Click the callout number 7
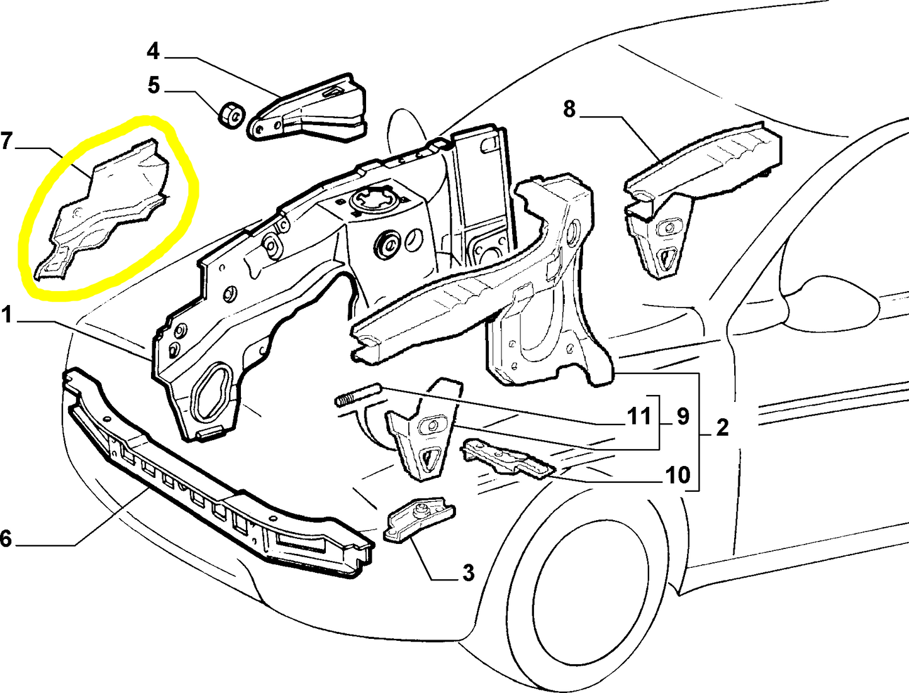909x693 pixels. point(7,141)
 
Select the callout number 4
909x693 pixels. point(153,51)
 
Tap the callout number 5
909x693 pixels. point(154,84)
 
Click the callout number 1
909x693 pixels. point(7,314)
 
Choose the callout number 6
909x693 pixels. point(6,538)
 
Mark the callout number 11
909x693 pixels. point(639,416)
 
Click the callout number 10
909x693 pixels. point(678,475)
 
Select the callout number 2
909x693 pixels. point(722,428)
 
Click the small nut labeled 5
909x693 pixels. point(230,114)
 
